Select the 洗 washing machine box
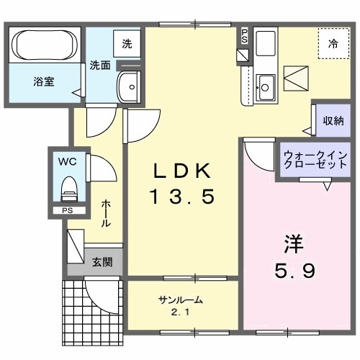coord(127,43)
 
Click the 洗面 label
coord(100,65)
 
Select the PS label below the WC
coord(67,211)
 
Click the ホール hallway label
coord(106,214)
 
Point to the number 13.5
coord(182,196)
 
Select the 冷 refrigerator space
coord(333,44)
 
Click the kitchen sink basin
coord(265,87)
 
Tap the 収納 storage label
coord(333,121)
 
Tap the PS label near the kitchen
coord(244,35)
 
